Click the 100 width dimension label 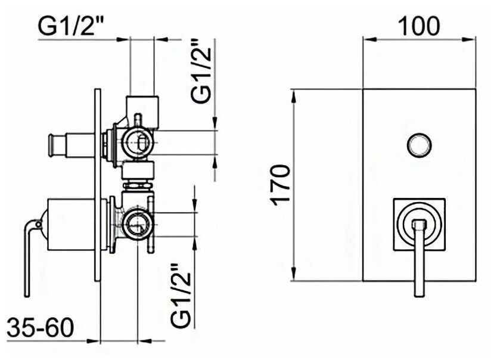click(418, 26)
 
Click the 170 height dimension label click(280, 185)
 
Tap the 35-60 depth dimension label click(41, 328)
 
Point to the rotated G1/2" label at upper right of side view click(201, 71)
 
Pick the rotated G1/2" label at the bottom click(181, 296)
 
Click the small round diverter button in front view click(419, 145)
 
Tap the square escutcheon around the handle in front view click(420, 225)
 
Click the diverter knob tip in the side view click(51, 145)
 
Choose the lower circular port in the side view click(138, 225)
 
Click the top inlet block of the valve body click(142, 111)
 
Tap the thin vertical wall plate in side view click(98, 185)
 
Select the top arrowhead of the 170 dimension click(294, 96)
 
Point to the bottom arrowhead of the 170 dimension click(294, 274)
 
